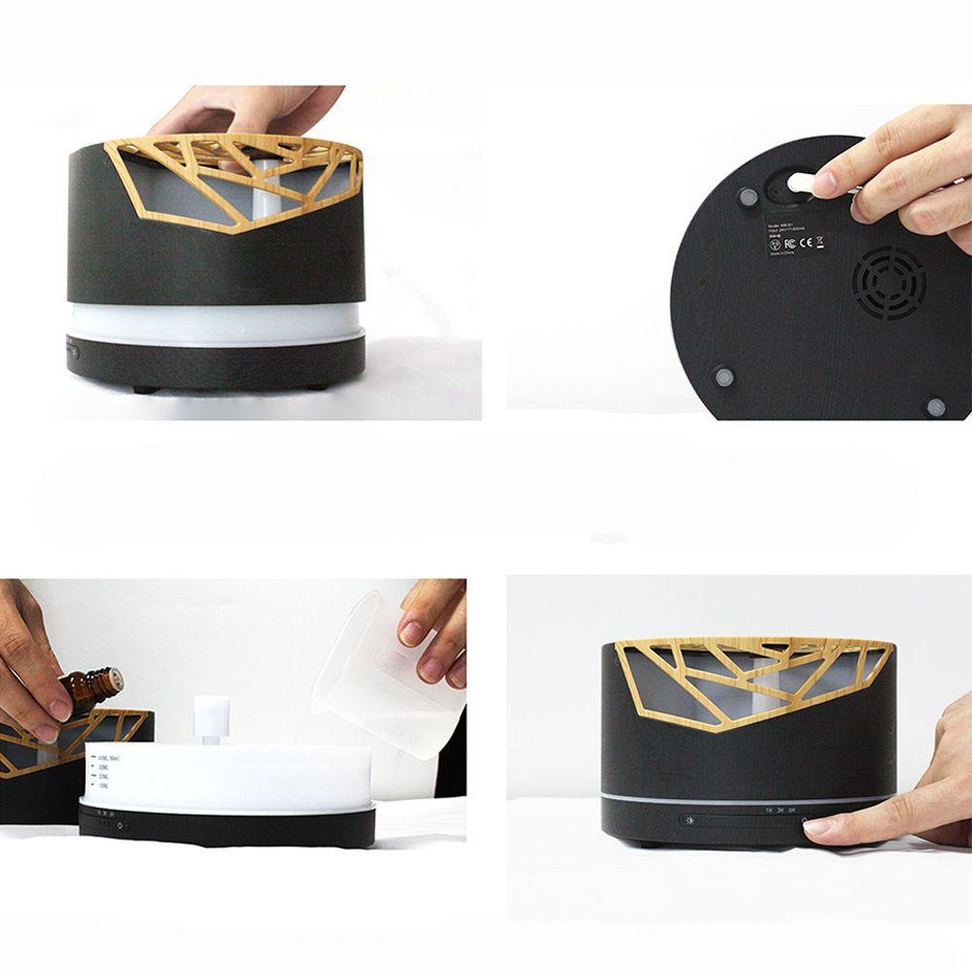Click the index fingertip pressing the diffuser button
[816, 826]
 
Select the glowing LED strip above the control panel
[748, 799]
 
